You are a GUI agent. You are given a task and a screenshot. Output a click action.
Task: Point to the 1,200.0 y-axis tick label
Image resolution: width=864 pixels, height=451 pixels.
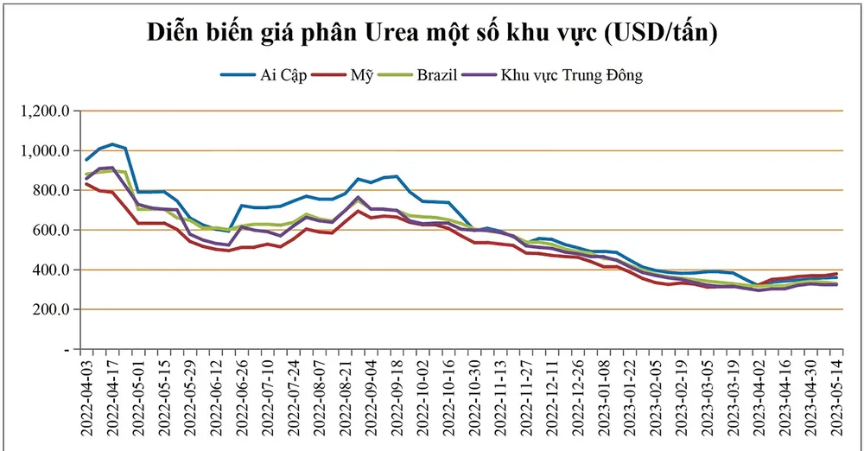44,111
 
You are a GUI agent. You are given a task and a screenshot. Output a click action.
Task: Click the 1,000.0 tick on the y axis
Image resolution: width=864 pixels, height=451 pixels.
44,151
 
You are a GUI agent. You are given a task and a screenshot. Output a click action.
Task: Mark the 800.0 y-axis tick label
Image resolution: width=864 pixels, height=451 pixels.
50,191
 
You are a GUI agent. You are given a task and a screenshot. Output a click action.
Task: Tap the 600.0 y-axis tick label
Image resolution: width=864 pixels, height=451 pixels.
50,231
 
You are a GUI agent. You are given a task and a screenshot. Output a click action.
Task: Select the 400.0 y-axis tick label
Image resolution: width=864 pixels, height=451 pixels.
50,270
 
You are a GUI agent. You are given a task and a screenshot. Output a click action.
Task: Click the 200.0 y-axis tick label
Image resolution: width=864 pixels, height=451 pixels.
50,309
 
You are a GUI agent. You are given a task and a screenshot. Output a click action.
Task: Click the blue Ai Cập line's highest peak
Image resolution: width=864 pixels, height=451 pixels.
112,144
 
